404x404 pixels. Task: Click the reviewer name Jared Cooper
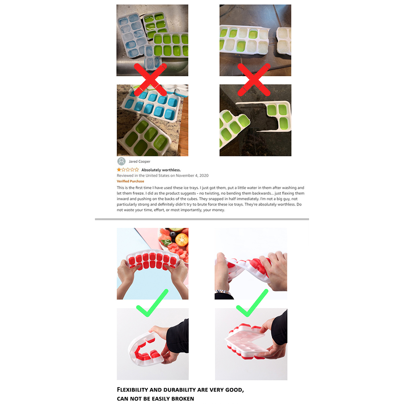(x=140, y=162)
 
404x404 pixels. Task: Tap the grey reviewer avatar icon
(x=121, y=161)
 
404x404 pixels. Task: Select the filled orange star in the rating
(x=119, y=170)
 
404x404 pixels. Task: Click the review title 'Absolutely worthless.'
(x=161, y=170)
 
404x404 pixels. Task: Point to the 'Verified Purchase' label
(x=130, y=181)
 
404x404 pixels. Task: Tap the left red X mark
(x=150, y=79)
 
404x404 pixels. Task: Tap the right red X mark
(x=254, y=79)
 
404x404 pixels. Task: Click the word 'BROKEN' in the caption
(x=183, y=399)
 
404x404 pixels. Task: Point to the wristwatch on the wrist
(x=223, y=292)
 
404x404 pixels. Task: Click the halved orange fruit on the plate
(x=182, y=239)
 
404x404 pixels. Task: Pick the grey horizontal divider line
(x=202, y=219)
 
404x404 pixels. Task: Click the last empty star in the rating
(x=137, y=170)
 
